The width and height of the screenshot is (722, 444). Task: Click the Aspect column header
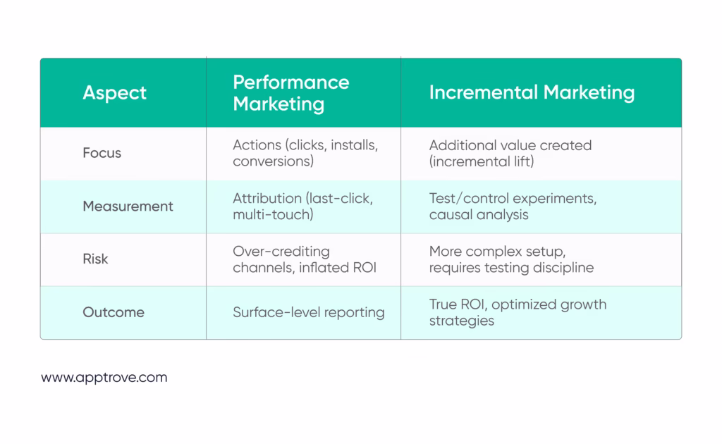[115, 93]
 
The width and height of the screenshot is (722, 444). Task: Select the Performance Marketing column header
[291, 93]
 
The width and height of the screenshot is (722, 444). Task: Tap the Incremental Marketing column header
[532, 92]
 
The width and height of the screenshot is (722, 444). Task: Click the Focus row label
[102, 153]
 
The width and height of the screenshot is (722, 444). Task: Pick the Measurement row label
[128, 206]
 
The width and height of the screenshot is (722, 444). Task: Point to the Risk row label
[95, 259]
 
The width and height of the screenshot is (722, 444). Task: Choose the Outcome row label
[114, 312]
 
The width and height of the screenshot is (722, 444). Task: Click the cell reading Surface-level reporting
[309, 312]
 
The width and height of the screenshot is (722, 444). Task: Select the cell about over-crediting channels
[305, 259]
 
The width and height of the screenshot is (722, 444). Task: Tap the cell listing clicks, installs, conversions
[305, 153]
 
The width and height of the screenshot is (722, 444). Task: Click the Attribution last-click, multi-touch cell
[302, 206]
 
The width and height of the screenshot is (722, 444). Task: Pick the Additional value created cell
[510, 153]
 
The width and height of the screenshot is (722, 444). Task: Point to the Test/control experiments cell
[513, 206]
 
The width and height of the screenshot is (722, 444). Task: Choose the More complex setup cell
[511, 259]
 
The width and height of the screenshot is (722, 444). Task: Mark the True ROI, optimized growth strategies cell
[518, 312]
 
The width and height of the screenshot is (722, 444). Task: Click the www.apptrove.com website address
[104, 378]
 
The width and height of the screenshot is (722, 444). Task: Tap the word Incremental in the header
[484, 92]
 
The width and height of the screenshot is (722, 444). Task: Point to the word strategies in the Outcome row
[461, 321]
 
